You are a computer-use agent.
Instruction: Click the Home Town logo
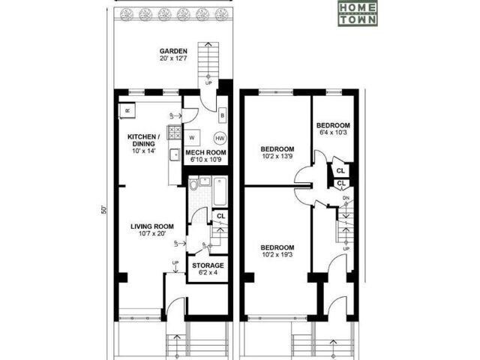(357, 13)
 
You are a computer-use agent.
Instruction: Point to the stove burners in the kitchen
(173, 132)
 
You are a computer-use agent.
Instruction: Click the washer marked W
(192, 138)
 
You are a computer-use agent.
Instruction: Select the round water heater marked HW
(220, 138)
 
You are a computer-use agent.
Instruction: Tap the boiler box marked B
(223, 116)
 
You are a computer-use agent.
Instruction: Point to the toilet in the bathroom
(193, 185)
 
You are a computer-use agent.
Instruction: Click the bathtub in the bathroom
(219, 191)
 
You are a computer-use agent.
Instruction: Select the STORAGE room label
(207, 265)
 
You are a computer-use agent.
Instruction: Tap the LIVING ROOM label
(152, 226)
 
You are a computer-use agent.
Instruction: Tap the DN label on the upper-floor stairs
(346, 199)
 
